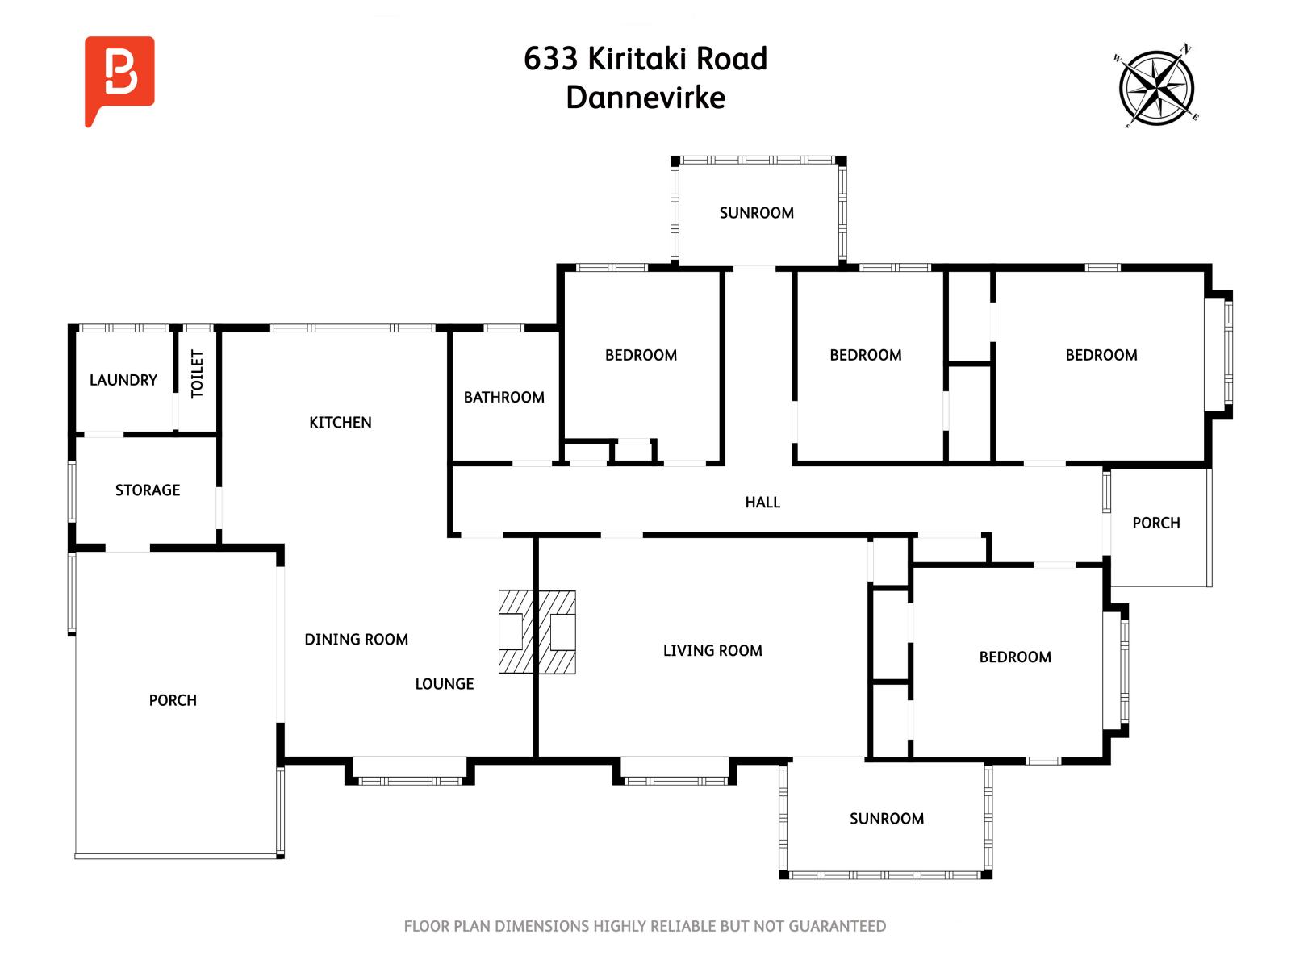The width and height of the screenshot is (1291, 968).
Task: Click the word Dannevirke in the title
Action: click(x=645, y=98)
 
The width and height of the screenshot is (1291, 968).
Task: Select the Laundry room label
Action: click(x=123, y=380)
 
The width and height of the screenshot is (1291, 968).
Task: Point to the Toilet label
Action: click(x=197, y=373)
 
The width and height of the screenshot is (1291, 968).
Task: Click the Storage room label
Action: click(x=147, y=490)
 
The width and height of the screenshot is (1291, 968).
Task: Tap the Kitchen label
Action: click(x=340, y=423)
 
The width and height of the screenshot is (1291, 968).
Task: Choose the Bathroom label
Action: click(x=503, y=398)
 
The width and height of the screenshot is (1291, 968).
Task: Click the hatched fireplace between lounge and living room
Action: click(x=537, y=632)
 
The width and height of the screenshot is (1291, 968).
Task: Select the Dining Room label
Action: click(x=356, y=640)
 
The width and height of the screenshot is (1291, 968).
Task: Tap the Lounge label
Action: click(x=444, y=684)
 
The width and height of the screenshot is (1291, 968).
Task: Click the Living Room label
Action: click(x=712, y=651)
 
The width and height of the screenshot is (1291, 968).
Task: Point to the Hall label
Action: click(x=762, y=503)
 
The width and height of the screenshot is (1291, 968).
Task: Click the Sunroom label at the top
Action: click(x=756, y=213)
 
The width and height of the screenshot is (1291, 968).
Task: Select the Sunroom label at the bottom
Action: click(x=886, y=819)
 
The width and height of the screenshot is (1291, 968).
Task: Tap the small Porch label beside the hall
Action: click(x=1155, y=524)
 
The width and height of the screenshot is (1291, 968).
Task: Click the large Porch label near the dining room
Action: click(x=173, y=700)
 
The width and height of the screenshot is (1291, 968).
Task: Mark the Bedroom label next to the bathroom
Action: click(x=641, y=356)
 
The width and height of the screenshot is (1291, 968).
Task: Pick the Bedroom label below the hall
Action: click(x=1014, y=657)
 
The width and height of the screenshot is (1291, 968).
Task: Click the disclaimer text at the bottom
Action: click(x=645, y=927)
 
